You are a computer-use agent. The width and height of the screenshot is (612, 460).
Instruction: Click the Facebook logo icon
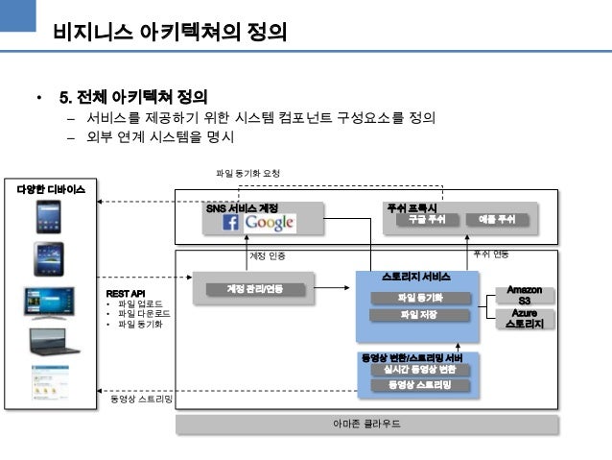(x=231, y=223)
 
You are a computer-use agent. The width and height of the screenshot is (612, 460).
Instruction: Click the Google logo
(x=269, y=223)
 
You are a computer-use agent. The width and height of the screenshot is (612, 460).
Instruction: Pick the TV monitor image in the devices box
(x=49, y=303)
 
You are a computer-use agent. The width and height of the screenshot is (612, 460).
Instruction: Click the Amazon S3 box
(x=524, y=295)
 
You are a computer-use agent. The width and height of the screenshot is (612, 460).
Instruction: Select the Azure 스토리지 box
(x=524, y=319)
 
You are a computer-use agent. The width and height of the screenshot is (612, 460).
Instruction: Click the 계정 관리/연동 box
(x=253, y=288)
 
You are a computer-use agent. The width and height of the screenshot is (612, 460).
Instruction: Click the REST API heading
(x=125, y=293)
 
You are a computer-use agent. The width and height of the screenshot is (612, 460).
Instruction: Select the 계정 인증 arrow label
(x=268, y=255)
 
